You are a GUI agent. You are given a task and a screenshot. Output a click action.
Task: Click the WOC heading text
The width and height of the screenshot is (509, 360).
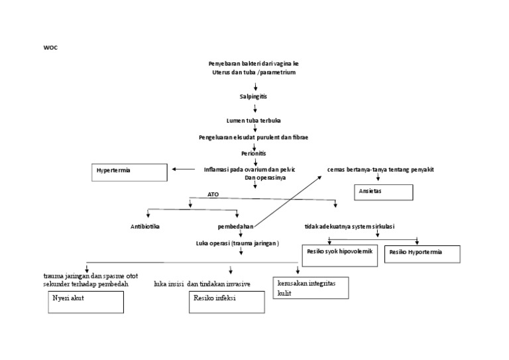(x=50, y=48)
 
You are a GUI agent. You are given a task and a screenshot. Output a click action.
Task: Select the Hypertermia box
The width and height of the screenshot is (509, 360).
(x=130, y=172)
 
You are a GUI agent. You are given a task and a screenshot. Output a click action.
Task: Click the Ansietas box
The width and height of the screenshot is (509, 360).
(x=383, y=192)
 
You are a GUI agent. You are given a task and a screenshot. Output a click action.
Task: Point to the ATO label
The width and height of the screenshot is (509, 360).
(x=213, y=195)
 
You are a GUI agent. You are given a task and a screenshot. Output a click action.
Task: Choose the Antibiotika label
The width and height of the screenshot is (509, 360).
(x=145, y=227)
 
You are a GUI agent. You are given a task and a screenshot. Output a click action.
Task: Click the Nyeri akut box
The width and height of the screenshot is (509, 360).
(x=85, y=302)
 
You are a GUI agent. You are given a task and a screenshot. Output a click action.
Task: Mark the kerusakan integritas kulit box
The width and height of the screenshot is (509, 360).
(x=310, y=288)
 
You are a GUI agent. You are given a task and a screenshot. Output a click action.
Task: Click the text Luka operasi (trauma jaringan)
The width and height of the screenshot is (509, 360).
(x=237, y=243)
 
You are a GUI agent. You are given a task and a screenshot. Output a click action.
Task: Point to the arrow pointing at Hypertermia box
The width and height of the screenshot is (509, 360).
(x=183, y=169)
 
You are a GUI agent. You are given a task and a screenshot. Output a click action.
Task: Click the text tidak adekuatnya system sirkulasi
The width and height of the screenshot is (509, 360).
(x=349, y=227)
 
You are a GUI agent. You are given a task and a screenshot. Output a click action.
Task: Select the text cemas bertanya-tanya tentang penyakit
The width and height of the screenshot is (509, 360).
(x=380, y=170)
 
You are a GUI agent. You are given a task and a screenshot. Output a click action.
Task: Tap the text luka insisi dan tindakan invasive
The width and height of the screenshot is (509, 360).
(x=201, y=284)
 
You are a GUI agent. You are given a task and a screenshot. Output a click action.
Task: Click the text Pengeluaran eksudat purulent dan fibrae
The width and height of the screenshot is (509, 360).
(x=253, y=137)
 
